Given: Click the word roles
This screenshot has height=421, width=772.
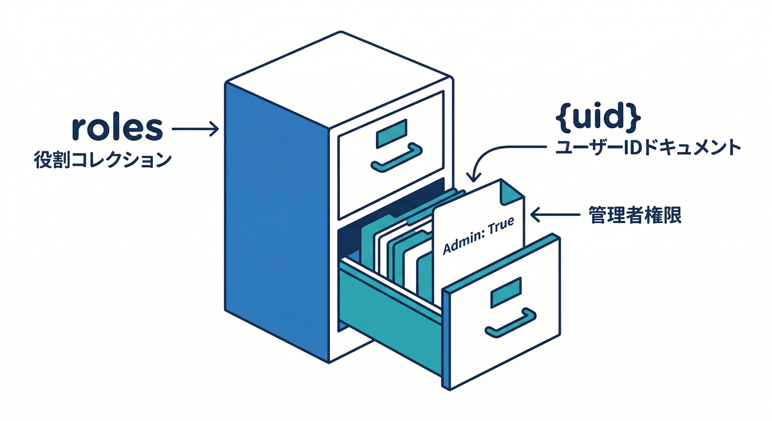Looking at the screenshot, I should pos(117,128).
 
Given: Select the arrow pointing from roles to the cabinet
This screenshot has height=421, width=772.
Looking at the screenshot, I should pos(195,129).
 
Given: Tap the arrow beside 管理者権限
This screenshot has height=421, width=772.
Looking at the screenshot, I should pos(554,215).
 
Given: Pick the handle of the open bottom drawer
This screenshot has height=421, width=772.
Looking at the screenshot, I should pos(510,323).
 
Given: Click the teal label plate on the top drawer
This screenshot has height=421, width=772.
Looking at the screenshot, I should pos(391,134).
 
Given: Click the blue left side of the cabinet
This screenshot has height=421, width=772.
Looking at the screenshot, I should pos(274,219).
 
